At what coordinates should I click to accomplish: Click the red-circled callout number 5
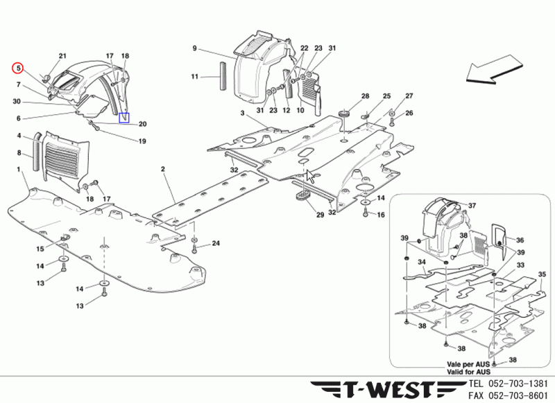tap(19, 68)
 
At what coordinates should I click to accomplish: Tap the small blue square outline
tap(124, 118)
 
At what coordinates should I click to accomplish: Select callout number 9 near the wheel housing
tap(195, 48)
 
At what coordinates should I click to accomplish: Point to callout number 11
tap(195, 76)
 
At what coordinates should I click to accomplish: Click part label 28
tap(365, 96)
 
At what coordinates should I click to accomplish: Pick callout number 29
tap(320, 215)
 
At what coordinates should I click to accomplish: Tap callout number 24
tap(216, 243)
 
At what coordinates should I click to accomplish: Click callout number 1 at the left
tap(18, 170)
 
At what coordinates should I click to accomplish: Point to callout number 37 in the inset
tap(472, 206)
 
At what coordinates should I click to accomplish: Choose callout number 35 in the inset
tap(543, 275)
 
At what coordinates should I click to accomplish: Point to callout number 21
tap(62, 56)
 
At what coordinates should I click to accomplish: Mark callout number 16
tap(381, 215)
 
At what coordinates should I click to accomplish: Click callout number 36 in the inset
tap(521, 240)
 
